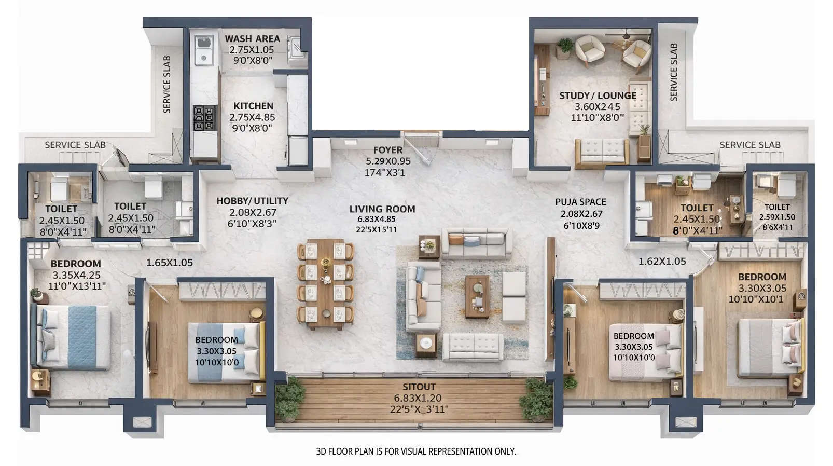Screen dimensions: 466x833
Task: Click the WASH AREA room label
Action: pyautogui.click(x=252, y=39)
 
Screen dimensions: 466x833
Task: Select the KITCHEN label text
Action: pyautogui.click(x=253, y=106)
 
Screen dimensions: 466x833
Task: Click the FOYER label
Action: pyautogui.click(x=387, y=150)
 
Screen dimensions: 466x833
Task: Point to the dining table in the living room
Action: pyautogui.click(x=325, y=284)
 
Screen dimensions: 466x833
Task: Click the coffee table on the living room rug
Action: pyautogui.click(x=477, y=296)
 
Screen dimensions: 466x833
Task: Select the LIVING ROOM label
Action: pyautogui.click(x=382, y=209)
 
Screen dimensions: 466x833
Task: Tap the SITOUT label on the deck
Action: pyautogui.click(x=419, y=387)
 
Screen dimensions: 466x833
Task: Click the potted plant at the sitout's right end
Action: pyautogui.click(x=536, y=399)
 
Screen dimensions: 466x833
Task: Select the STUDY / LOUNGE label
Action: pyautogui.click(x=598, y=95)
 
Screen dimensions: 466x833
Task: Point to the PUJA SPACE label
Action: pyautogui.click(x=580, y=202)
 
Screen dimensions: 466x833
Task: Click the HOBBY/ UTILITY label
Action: pyautogui.click(x=252, y=201)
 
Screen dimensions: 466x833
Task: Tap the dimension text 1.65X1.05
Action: pyautogui.click(x=170, y=263)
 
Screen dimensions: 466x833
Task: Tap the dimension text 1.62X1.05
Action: pyautogui.click(x=662, y=262)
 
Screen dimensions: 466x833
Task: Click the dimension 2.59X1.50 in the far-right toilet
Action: pyautogui.click(x=777, y=217)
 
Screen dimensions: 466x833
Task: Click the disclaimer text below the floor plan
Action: pyautogui.click(x=416, y=451)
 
